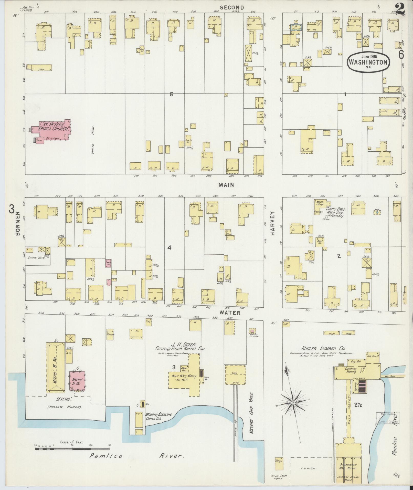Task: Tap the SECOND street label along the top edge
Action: (232, 8)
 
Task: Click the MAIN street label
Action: (226, 185)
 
